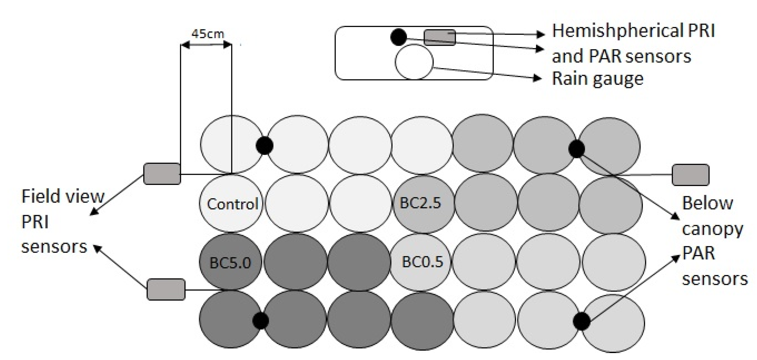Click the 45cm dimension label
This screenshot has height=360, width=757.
[x=207, y=34]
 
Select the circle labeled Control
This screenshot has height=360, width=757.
[x=232, y=203]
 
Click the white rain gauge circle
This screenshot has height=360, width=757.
[x=414, y=62]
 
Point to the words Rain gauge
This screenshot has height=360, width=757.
[x=598, y=79]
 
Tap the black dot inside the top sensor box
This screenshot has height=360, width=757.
[x=398, y=37]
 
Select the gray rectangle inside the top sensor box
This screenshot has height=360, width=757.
[x=440, y=38]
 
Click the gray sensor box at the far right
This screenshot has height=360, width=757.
[x=690, y=175]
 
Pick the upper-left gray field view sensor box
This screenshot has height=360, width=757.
[x=162, y=174]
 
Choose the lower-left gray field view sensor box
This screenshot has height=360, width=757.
[x=166, y=289]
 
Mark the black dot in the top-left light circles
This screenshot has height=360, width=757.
[x=265, y=145]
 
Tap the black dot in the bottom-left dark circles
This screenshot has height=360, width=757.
[x=260, y=320]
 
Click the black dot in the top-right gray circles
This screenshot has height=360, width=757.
[x=577, y=149]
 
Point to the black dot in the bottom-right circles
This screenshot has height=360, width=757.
[x=581, y=322]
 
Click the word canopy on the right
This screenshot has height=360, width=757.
[x=712, y=229]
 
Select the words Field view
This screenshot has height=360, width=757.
[x=63, y=196]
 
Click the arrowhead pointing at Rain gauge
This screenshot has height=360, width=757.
[x=538, y=78]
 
